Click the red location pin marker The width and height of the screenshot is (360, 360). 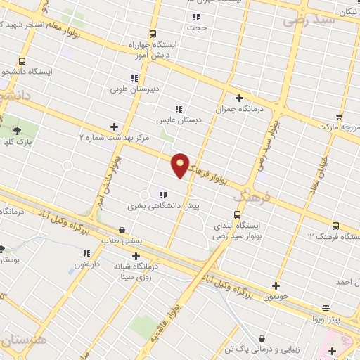pos(180,165)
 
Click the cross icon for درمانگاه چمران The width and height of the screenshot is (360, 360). pos(239,98)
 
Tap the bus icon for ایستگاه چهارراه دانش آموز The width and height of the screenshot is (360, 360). pos(153,34)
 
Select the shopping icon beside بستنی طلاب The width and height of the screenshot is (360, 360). pos(122,230)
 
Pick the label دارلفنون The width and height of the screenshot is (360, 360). pos(89,264)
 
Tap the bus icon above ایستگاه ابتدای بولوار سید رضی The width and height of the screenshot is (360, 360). pos(236,214)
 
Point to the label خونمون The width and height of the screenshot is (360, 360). pos(276,297)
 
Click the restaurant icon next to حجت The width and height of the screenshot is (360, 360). pos(196,17)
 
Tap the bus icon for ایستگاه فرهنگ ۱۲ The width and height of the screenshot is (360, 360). pos(335,226)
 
